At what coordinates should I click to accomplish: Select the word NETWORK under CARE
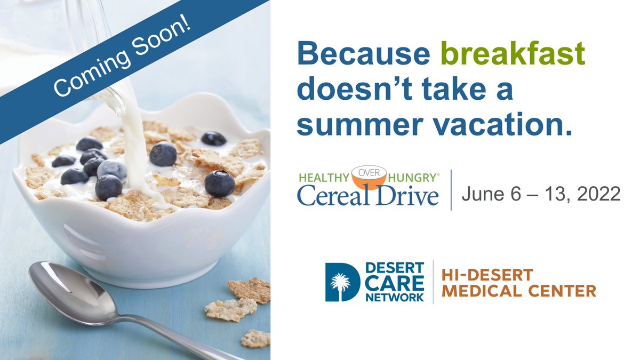395,297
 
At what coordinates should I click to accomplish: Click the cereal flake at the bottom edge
255,338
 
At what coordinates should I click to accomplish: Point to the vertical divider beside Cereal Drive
451,190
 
